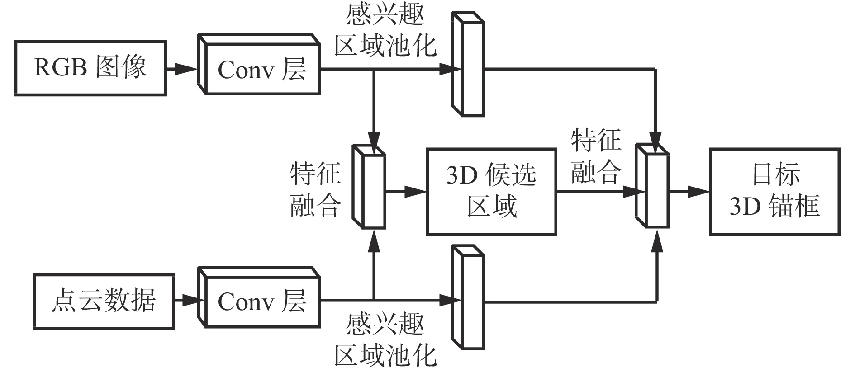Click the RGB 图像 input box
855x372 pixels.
(90, 68)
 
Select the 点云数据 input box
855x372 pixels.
(104, 301)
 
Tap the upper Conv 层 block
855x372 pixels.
(262, 69)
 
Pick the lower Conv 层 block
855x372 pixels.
(262, 301)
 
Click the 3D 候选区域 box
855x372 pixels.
(491, 192)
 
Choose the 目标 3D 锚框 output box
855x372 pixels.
(774, 192)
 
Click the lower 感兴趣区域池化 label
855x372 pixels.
(385, 341)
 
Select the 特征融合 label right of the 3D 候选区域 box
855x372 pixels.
(596, 156)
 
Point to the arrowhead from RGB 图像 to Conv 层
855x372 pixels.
(186, 69)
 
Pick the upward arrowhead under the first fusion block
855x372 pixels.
(374, 240)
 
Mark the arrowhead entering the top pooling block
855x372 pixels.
(450, 69)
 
